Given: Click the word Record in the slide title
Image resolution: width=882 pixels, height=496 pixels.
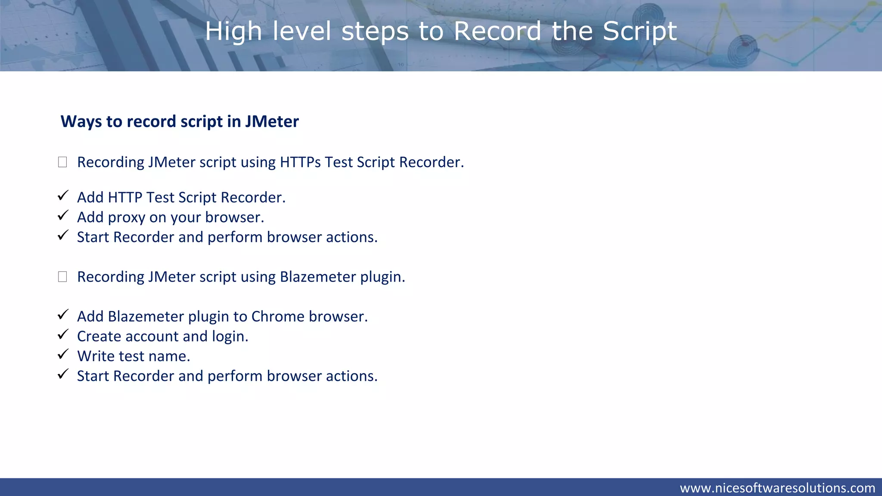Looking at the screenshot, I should (497, 31).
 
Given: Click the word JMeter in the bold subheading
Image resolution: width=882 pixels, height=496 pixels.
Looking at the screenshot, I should (272, 122).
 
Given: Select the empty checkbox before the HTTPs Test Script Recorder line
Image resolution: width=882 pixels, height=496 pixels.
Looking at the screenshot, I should (62, 162).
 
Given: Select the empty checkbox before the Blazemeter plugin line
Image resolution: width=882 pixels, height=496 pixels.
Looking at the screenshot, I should (62, 277).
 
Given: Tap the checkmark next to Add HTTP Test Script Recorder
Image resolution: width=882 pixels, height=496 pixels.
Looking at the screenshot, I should (63, 196).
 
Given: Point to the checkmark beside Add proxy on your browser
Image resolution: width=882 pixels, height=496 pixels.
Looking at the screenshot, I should (63, 216).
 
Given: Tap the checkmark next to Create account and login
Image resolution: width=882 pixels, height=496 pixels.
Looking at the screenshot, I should (63, 335).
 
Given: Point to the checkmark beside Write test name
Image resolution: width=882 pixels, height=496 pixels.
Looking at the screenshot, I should (63, 354).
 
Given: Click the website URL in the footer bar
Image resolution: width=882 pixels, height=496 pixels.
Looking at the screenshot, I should (777, 488).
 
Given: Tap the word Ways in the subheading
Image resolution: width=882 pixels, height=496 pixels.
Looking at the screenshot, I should (81, 122).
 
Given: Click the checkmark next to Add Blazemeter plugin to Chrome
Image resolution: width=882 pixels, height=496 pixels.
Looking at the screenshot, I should (63, 315).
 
